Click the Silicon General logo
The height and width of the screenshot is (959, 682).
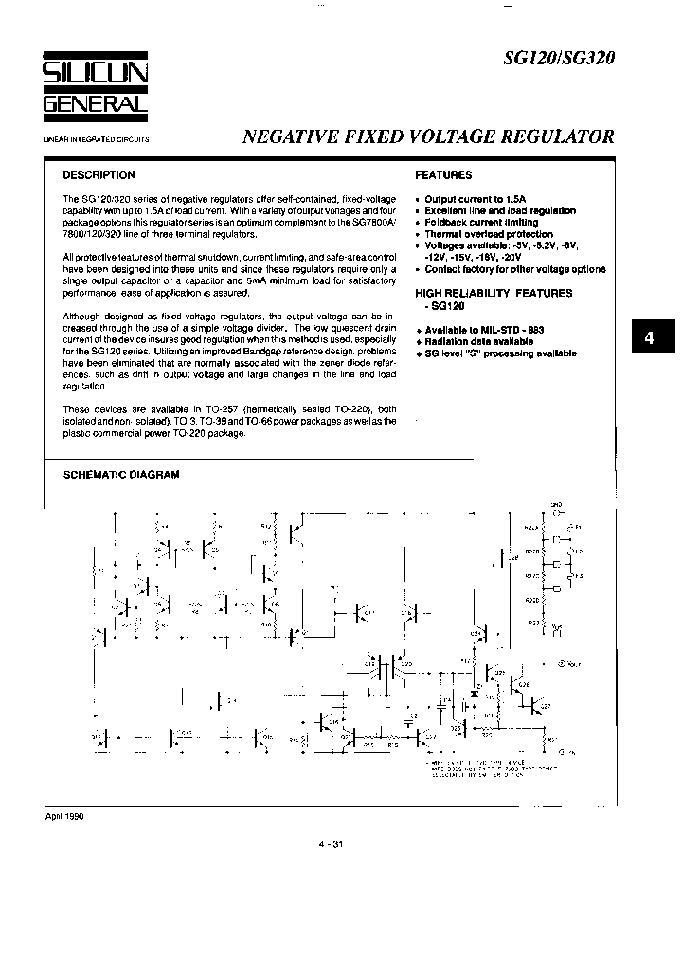click(x=95, y=89)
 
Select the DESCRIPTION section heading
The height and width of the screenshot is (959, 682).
click(x=99, y=175)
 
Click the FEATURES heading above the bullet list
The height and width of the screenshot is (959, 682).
click(x=443, y=175)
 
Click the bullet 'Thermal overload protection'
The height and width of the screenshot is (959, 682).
click(x=489, y=234)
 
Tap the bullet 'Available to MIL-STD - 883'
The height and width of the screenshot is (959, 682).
click(x=484, y=330)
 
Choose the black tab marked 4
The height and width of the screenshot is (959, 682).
click(x=649, y=339)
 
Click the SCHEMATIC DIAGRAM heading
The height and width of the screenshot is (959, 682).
click(x=120, y=475)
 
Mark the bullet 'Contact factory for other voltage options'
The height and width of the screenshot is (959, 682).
click(x=514, y=269)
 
